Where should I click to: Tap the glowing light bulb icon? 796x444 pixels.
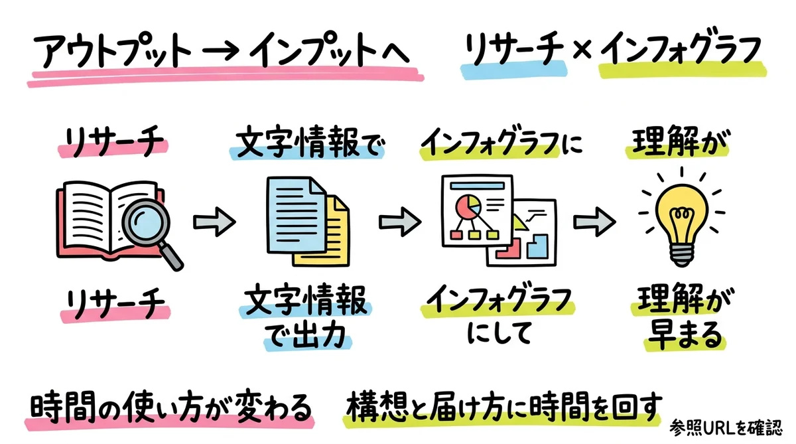(675, 214)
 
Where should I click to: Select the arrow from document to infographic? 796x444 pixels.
(399, 219)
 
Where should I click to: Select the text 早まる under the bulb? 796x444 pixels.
(675, 335)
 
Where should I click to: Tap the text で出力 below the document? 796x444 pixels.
(306, 335)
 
